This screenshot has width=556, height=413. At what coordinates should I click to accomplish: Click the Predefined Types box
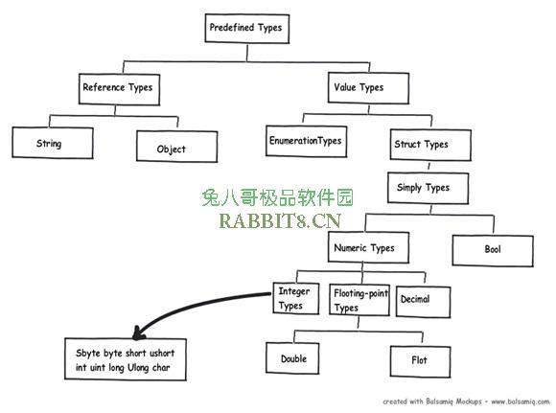(247, 29)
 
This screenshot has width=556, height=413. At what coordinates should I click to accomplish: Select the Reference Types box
(119, 89)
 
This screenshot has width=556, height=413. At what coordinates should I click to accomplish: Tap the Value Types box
(368, 88)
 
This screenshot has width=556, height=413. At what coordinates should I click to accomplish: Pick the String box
(53, 143)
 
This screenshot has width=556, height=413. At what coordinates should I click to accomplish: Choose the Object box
(177, 147)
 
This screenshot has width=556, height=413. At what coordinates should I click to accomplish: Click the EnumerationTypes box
(307, 141)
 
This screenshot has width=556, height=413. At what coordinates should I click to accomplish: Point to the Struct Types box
(430, 145)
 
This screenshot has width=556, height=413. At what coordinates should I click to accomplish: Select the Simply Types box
(428, 188)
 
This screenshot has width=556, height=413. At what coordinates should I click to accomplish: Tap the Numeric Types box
(368, 247)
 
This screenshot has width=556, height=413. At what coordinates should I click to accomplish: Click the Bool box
(493, 251)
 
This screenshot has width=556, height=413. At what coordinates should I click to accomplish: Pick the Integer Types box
(296, 298)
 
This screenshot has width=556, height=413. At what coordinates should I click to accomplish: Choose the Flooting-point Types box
(359, 300)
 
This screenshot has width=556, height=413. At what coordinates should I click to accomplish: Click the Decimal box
(424, 302)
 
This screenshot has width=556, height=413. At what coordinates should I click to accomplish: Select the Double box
(292, 358)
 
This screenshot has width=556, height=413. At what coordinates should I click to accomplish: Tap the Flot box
(421, 361)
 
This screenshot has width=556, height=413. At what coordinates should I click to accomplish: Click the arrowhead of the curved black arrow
(138, 335)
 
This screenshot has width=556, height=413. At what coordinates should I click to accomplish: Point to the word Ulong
(138, 368)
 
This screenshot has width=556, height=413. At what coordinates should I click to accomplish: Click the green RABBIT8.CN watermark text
(280, 220)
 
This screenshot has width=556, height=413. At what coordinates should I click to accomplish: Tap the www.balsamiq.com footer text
(521, 402)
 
